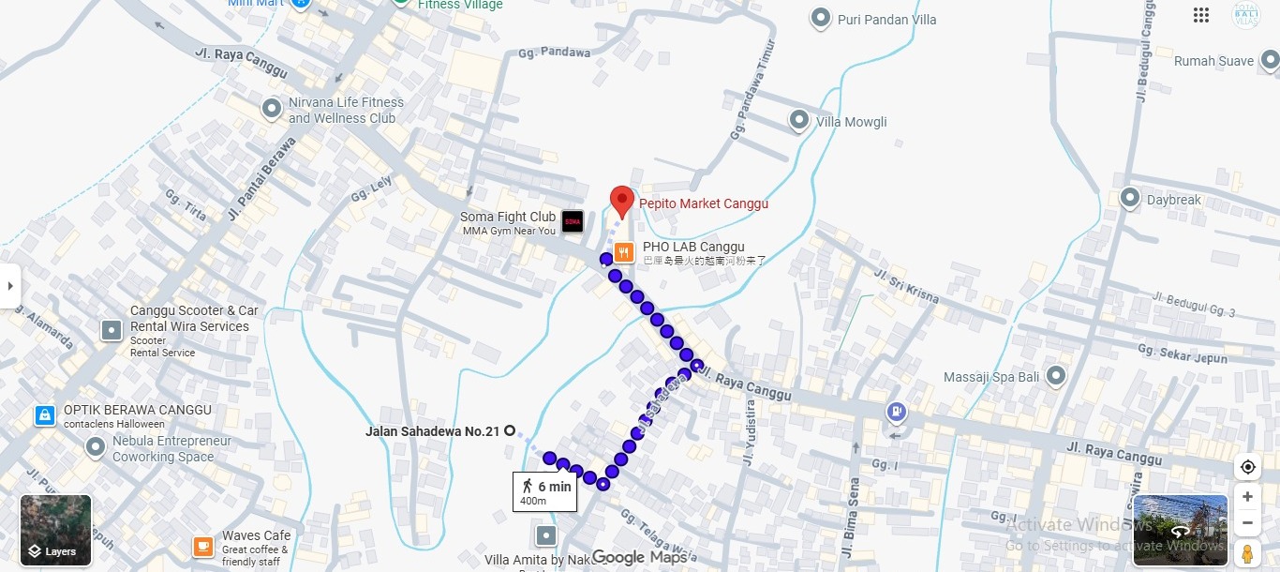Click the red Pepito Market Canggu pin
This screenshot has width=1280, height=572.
pyautogui.click(x=620, y=201)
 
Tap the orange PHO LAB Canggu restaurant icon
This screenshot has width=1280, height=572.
pyautogui.click(x=624, y=252)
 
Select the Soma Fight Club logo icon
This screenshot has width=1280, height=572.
pyautogui.click(x=573, y=222)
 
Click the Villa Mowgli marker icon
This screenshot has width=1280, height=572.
pyautogui.click(x=798, y=120)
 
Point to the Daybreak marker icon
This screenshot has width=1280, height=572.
pyautogui.click(x=1130, y=199)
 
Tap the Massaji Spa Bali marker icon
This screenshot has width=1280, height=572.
pyautogui.click(x=1056, y=376)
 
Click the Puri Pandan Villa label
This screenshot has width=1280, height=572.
pyautogui.click(x=886, y=19)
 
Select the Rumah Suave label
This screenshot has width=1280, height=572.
pyautogui.click(x=1213, y=61)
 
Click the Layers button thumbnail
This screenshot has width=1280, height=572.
pyautogui.click(x=56, y=531)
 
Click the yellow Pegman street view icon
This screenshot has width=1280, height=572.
pyautogui.click(x=1247, y=552)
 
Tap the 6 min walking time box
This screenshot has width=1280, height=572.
pyautogui.click(x=545, y=491)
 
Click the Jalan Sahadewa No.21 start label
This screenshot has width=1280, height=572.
pyautogui.click(x=432, y=431)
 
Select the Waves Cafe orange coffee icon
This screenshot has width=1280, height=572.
pyautogui.click(x=202, y=546)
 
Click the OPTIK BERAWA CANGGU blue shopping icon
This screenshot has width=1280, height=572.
pyautogui.click(x=44, y=415)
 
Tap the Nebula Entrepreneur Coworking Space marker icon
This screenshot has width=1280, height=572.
pyautogui.click(x=95, y=447)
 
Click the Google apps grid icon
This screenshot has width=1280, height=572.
pyautogui.click(x=1201, y=15)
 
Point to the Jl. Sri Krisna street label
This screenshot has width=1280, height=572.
pyautogui.click(x=906, y=286)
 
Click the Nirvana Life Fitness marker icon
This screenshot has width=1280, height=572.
pyautogui.click(x=272, y=109)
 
